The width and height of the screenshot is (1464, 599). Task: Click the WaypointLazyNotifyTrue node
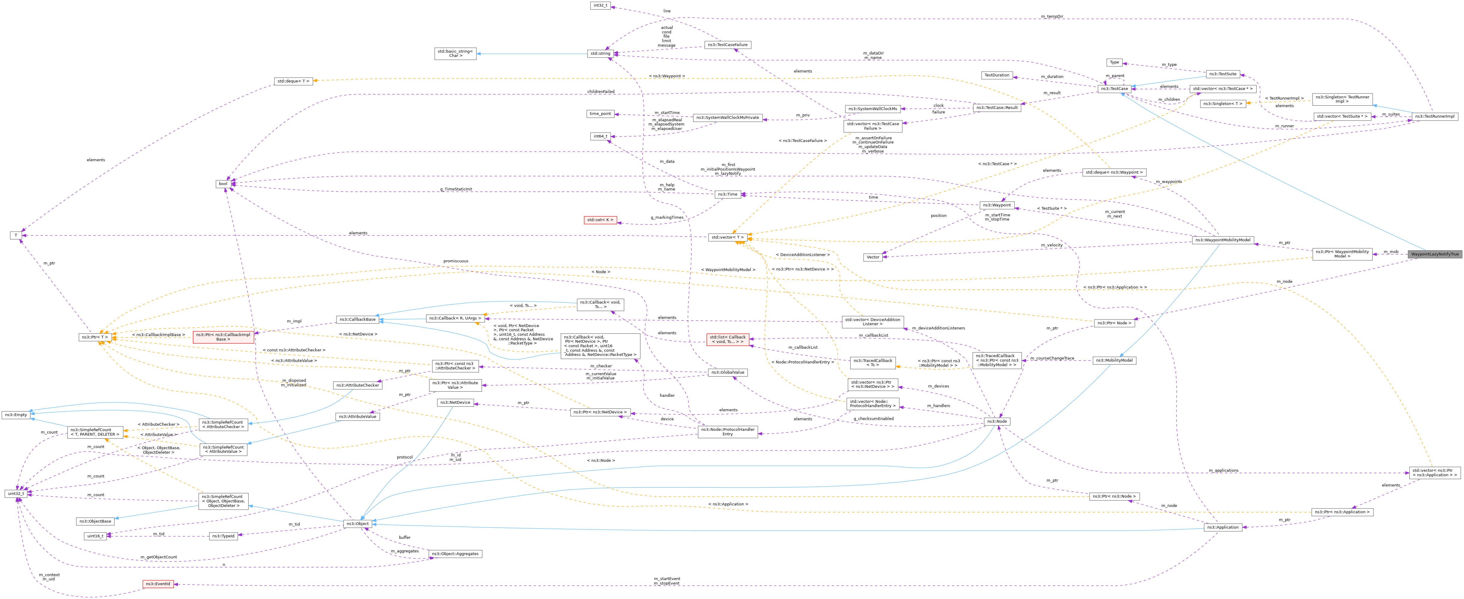pyautogui.click(x=1435, y=254)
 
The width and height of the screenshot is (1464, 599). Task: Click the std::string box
pyautogui.click(x=600, y=54)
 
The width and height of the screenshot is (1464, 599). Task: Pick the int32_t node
pyautogui.click(x=600, y=6)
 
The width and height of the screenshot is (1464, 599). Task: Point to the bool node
pyautogui.click(x=223, y=184)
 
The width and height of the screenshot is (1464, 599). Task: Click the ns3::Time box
pyautogui.click(x=727, y=195)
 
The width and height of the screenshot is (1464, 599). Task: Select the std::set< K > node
pyautogui.click(x=600, y=220)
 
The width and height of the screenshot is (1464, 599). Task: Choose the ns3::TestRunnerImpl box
pyautogui.click(x=1435, y=117)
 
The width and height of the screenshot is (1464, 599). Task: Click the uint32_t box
pyautogui.click(x=17, y=494)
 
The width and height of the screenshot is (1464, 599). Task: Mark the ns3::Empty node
pyautogui.click(x=17, y=415)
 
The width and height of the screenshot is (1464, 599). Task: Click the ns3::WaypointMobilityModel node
pyautogui.click(x=1222, y=240)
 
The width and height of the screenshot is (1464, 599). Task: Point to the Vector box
pyautogui.click(x=873, y=257)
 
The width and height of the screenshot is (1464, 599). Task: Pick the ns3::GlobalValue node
pyautogui.click(x=727, y=372)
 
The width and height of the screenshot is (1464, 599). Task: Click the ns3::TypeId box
pyautogui.click(x=223, y=536)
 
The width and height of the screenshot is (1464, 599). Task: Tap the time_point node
pyautogui.click(x=600, y=114)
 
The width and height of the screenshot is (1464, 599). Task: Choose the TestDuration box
pyautogui.click(x=997, y=75)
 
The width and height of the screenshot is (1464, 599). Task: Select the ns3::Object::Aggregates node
pyautogui.click(x=455, y=554)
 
